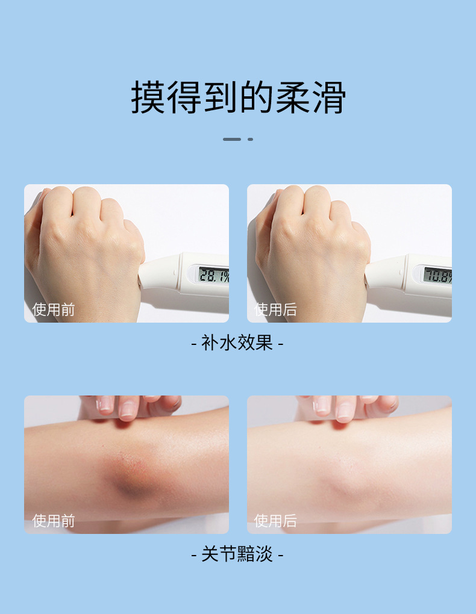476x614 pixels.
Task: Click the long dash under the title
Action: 232,139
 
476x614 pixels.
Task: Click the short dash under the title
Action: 250,139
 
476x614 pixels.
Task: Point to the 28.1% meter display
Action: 213,275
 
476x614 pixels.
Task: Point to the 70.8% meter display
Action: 437,276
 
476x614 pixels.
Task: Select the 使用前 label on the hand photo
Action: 54,309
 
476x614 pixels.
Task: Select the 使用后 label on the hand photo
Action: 275,309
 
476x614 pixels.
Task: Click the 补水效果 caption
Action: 237,343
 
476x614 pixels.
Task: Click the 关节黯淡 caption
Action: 237,554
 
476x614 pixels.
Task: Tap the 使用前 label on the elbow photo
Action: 54,520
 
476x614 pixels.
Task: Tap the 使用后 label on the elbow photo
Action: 275,520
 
